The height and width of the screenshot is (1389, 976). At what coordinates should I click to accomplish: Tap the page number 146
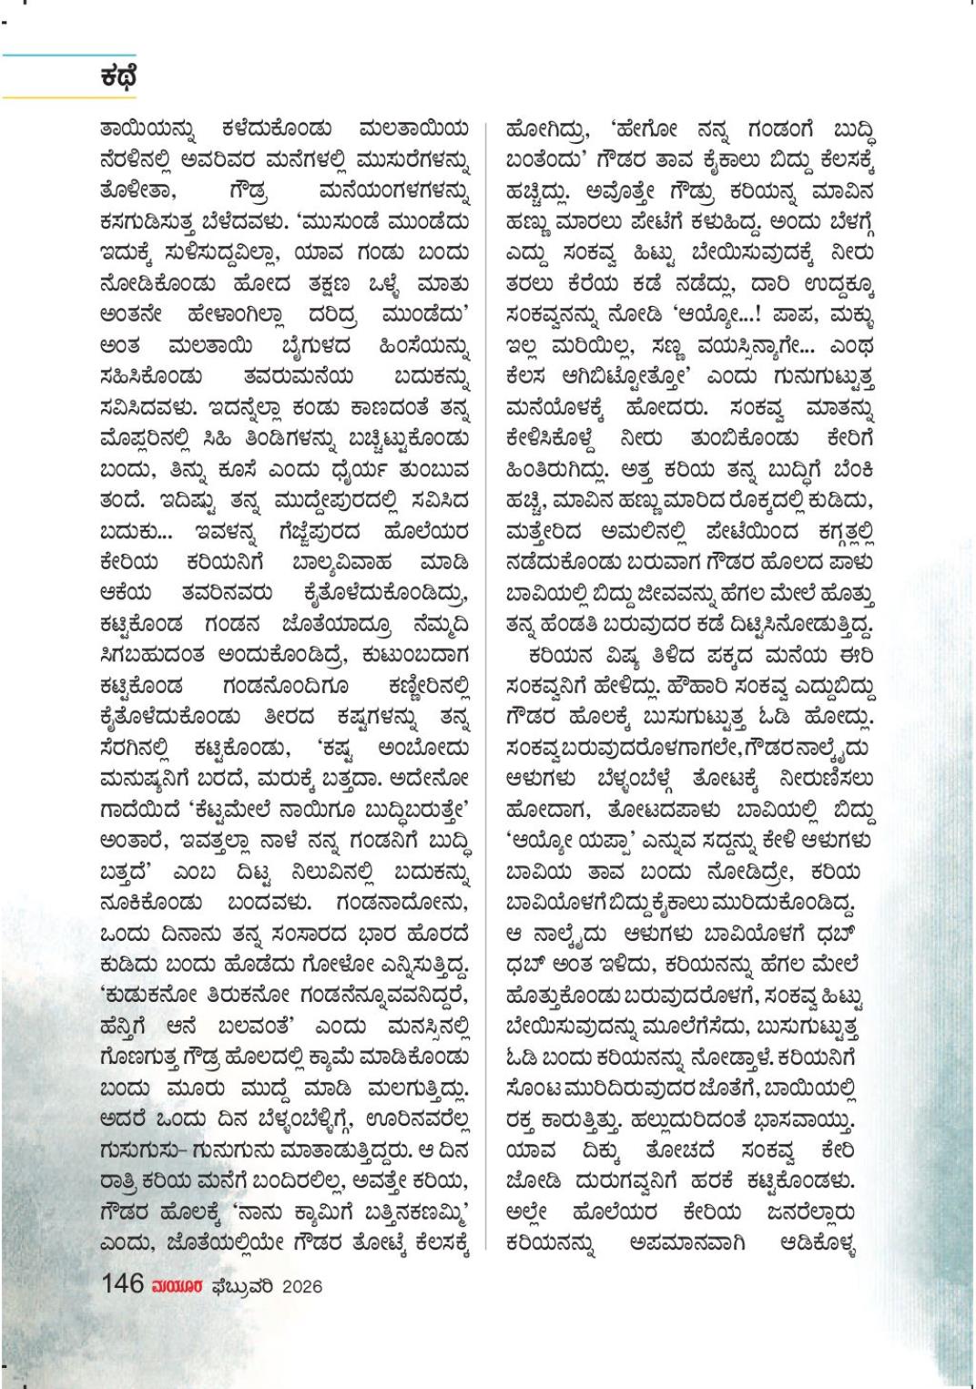coord(123,1283)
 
